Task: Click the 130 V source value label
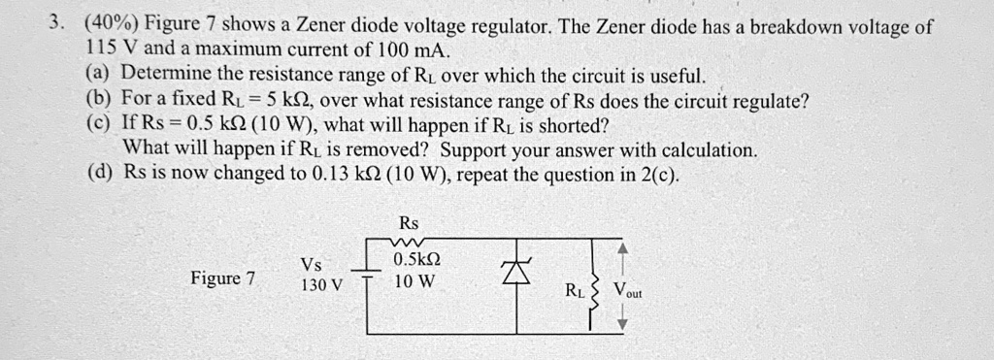321,285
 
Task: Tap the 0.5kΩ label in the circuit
417,261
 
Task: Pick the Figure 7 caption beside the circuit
223,278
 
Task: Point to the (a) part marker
100,75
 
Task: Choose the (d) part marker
100,175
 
